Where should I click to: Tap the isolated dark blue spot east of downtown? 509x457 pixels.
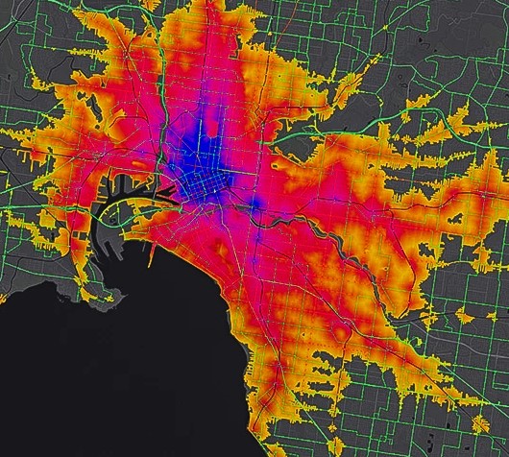[257, 203]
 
